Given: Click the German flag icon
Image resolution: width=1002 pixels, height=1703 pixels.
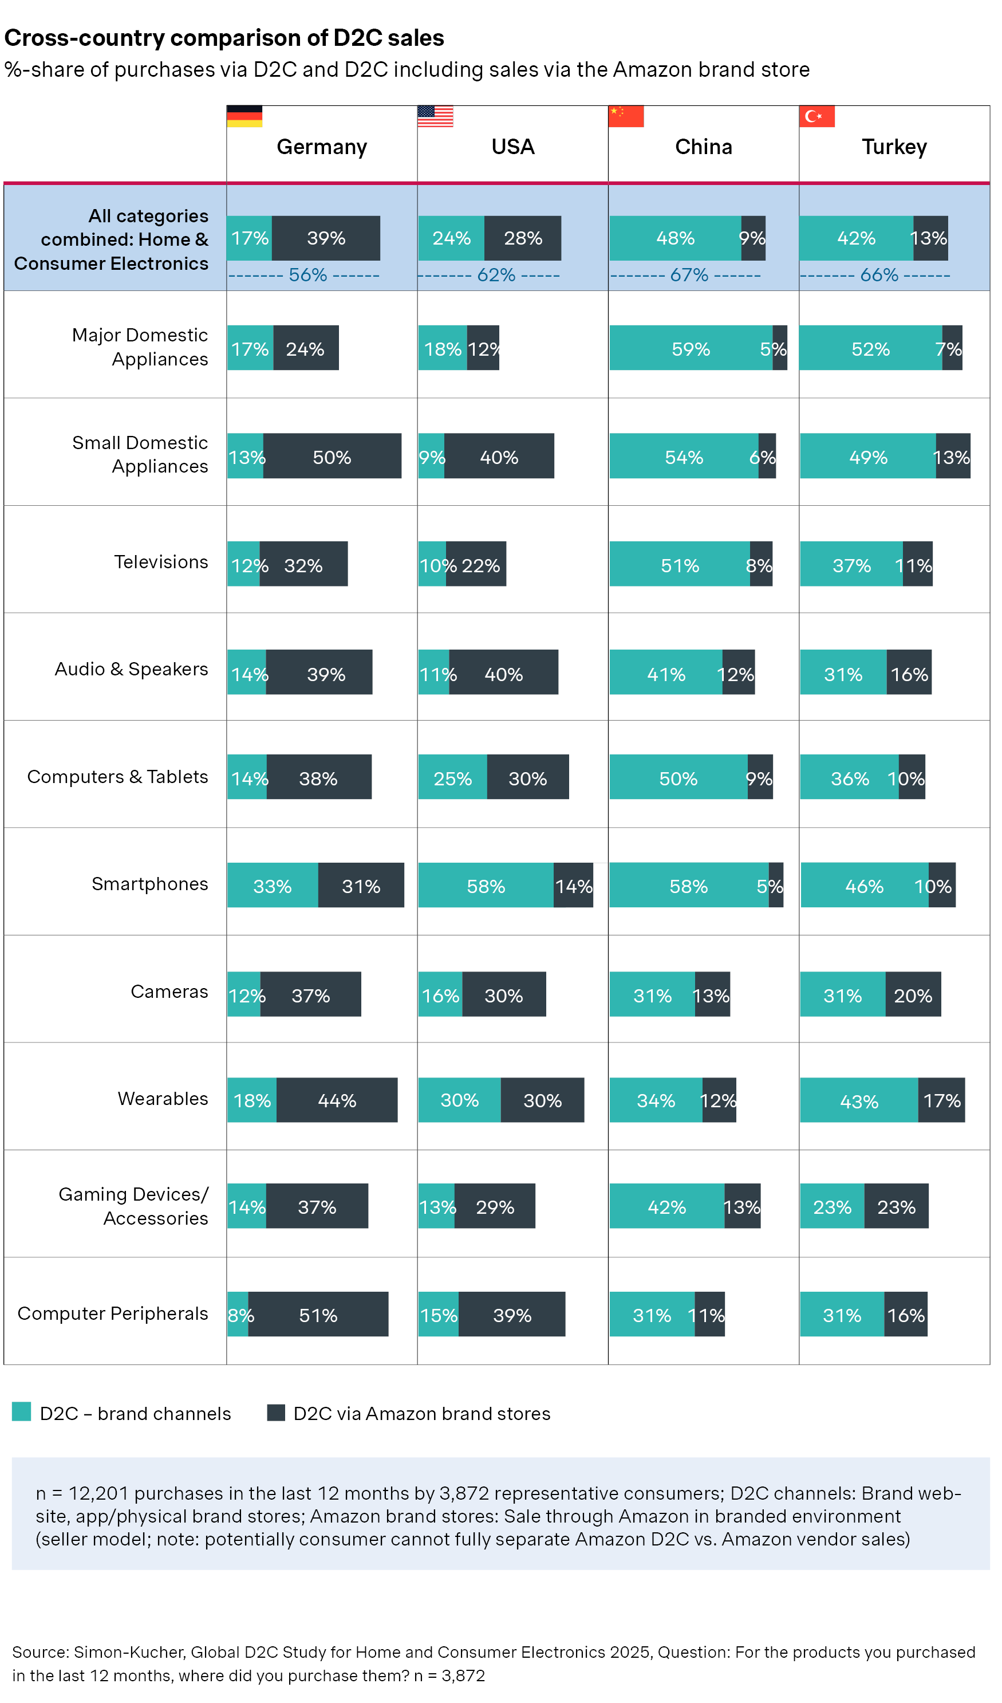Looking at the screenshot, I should (x=245, y=117).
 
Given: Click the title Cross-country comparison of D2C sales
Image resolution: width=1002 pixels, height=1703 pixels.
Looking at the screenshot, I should (x=225, y=38).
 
